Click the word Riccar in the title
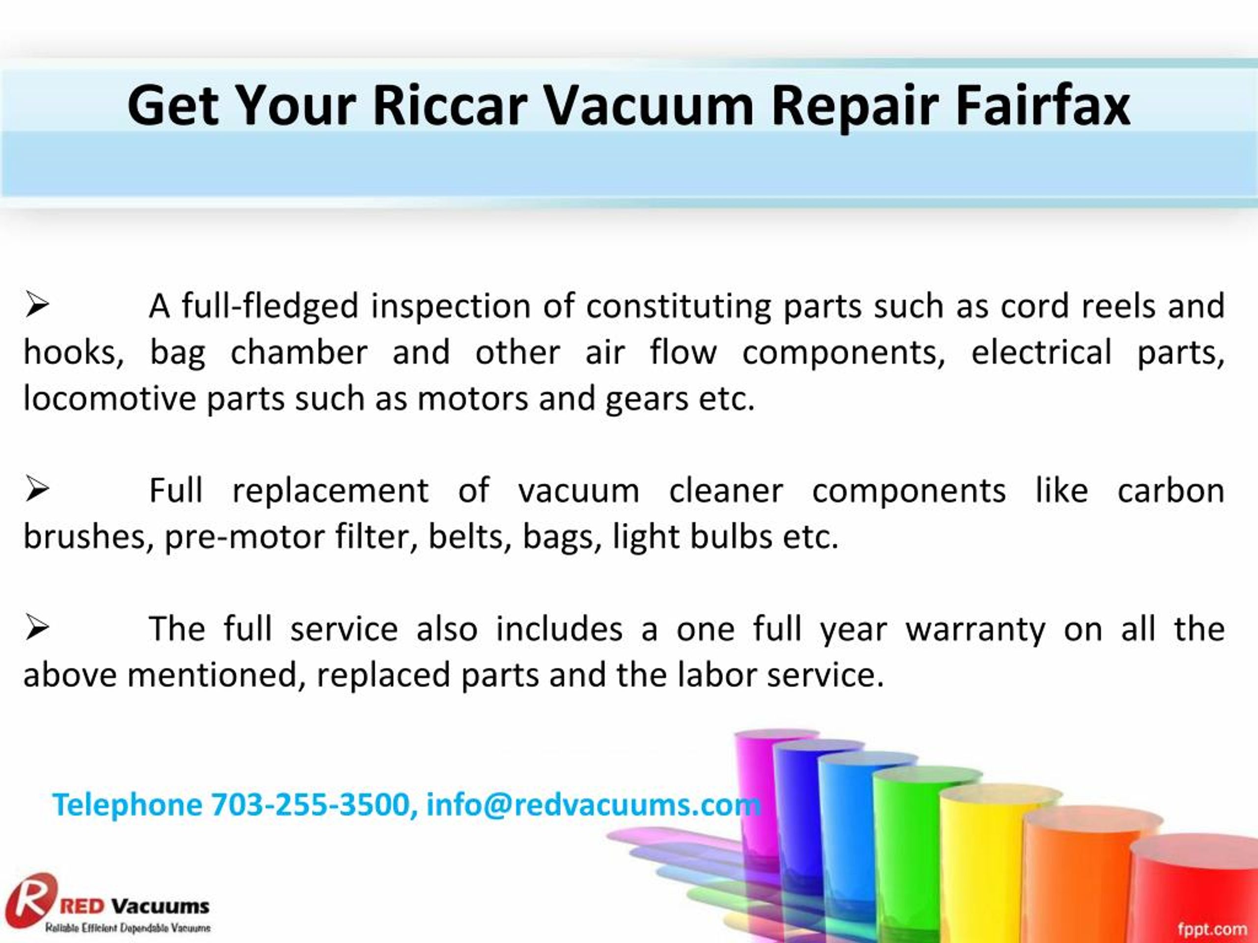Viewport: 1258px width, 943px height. point(450,106)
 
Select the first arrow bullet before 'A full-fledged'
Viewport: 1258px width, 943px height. point(37,305)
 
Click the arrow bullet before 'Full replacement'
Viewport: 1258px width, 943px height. point(37,489)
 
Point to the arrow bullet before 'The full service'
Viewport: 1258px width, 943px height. point(37,628)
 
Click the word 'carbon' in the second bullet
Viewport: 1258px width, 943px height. point(1171,490)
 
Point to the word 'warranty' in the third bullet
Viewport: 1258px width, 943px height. point(975,629)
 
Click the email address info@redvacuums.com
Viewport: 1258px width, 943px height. point(593,804)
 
